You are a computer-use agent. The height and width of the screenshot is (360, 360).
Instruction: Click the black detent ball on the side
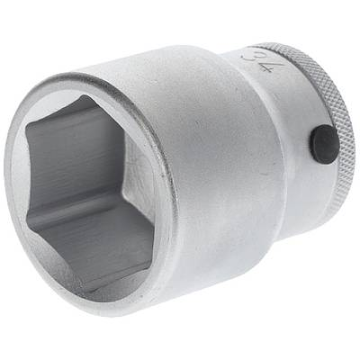coord(320,141)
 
